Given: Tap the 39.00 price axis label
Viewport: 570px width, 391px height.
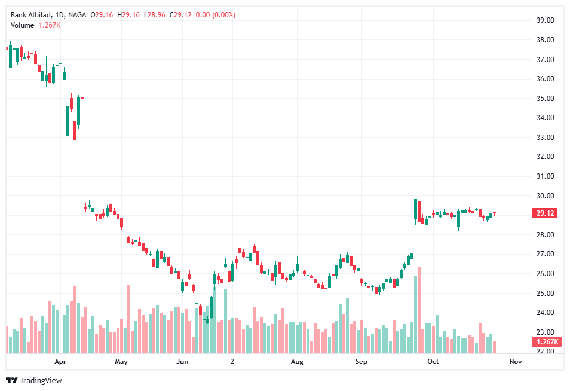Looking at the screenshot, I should click(545, 20).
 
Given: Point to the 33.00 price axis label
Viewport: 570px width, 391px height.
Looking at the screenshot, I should click(545, 138).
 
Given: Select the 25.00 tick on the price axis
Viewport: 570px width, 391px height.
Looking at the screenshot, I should click(545, 294).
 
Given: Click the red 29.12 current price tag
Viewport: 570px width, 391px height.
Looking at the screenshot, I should click(544, 213).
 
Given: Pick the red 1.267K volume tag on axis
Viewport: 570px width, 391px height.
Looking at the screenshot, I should click(544, 342).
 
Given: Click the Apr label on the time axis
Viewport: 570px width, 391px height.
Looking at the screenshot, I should click(60, 362).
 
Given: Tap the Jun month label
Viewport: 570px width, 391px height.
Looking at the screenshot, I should click(182, 362).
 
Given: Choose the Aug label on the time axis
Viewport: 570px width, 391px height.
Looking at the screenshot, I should click(297, 362).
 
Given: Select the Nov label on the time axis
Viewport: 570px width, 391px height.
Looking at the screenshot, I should click(515, 362).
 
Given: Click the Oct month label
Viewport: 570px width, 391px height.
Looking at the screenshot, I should click(433, 362).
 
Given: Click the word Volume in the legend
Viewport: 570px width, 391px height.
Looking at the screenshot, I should click(22, 25).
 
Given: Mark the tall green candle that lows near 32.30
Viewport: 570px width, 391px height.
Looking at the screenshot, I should click(68, 122).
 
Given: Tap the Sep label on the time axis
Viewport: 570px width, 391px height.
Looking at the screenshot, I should click(360, 362).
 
